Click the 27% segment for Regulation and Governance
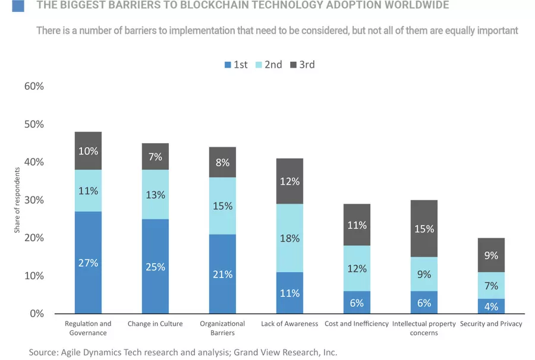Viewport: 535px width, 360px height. (x=88, y=262)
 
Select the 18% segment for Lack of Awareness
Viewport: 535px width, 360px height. (x=290, y=238)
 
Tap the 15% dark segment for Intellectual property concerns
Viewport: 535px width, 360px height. (x=424, y=228)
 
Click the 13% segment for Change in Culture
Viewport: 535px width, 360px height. (x=155, y=194)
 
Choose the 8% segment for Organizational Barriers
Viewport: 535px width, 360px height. (x=222, y=162)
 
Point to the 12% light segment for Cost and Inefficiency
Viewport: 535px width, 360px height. (x=357, y=268)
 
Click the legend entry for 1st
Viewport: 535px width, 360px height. (x=236, y=65)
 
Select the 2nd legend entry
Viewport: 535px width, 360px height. (x=269, y=65)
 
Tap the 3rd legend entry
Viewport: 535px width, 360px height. (x=302, y=65)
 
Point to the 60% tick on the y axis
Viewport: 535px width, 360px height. (x=34, y=86)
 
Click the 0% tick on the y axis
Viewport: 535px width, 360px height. (x=37, y=314)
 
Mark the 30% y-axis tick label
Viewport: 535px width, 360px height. (x=34, y=200)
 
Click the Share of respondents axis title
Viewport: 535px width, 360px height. (x=18, y=200)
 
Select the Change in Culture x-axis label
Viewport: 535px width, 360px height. (x=155, y=324)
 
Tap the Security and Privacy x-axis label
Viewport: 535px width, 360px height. (x=491, y=324)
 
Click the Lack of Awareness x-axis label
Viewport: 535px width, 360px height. (x=289, y=324)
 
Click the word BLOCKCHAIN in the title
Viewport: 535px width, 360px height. (x=193, y=6)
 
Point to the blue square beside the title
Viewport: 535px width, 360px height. (x=18, y=6)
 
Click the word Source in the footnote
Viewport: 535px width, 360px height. (x=43, y=352)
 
